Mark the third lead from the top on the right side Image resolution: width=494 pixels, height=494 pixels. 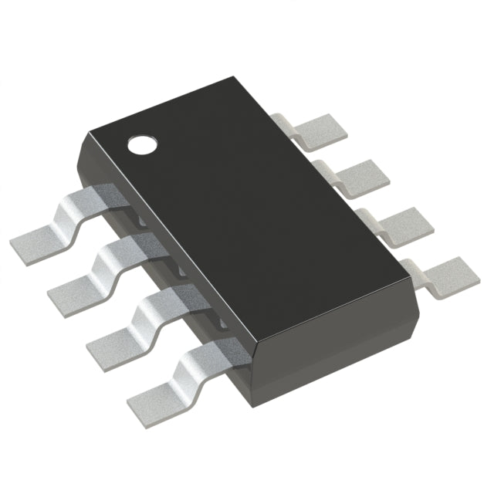402,225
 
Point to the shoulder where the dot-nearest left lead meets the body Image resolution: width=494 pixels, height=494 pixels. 104,197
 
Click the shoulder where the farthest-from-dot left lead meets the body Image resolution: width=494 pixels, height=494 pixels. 224,347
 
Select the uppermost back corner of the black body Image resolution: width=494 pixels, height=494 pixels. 232,77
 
